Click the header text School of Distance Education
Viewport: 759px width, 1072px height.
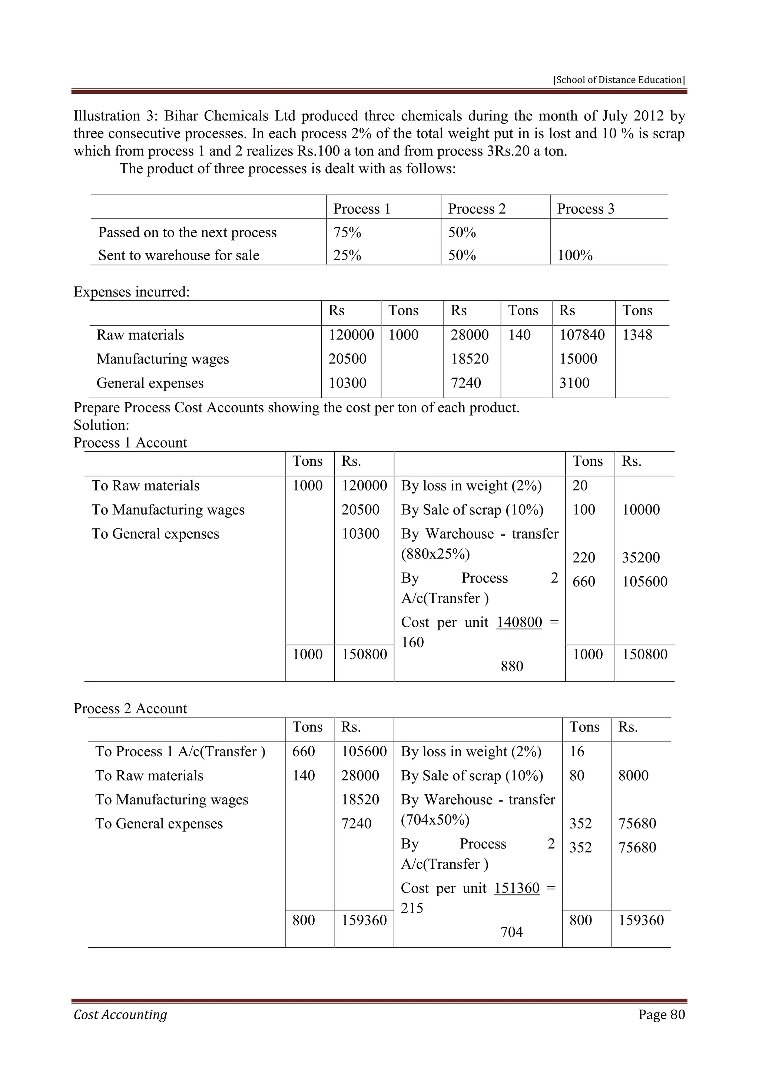619,80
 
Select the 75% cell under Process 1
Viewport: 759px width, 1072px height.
347,232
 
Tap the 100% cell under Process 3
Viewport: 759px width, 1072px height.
575,255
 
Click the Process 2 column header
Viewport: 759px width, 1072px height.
477,209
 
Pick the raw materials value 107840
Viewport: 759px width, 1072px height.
582,335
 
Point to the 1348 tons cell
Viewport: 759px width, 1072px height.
637,335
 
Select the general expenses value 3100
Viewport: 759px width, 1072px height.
574,383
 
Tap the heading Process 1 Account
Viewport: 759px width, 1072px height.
130,443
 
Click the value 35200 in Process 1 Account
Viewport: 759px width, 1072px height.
641,557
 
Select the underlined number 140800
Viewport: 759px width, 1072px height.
519,622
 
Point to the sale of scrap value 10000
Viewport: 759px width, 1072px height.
641,509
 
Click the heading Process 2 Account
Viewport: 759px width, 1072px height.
130,708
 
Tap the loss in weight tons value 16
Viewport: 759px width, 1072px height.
577,751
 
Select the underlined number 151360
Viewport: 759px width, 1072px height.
516,888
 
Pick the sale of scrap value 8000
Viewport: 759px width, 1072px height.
633,775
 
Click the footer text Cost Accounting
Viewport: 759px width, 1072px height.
120,1015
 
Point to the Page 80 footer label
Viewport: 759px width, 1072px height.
661,1015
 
